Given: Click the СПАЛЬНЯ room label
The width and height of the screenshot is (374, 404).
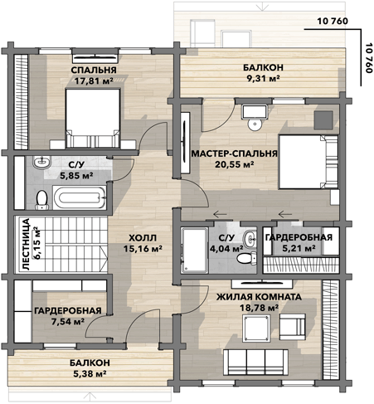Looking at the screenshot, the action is (94, 71).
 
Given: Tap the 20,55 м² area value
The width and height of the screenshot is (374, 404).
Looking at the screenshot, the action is (235, 164).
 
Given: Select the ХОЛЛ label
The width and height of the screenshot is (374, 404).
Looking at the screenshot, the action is (143, 237).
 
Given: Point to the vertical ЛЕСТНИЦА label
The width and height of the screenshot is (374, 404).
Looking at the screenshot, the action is (26, 244).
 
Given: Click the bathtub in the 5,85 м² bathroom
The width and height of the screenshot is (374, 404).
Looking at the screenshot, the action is (80, 197).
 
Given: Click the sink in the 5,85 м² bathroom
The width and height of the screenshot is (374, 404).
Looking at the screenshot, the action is (41, 162).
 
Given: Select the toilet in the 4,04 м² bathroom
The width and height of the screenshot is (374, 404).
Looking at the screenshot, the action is (246, 258).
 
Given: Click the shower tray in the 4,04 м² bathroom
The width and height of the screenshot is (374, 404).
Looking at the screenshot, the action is (194, 251).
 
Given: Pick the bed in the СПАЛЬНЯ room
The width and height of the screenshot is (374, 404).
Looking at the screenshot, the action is (93, 119).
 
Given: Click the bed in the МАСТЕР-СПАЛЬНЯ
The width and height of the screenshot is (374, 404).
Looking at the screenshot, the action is (308, 162).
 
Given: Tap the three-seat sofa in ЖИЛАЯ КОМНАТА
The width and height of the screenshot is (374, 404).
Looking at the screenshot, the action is (255, 362).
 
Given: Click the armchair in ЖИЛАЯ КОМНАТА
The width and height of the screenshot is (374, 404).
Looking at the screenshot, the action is (293, 327).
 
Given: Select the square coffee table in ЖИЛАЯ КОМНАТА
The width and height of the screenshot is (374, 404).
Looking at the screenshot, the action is (255, 329).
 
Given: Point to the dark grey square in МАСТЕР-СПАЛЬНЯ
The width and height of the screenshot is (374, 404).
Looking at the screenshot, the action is (323, 119).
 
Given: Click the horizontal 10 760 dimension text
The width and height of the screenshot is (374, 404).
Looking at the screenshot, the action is (333, 21).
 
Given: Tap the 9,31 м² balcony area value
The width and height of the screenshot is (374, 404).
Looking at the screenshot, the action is (263, 78).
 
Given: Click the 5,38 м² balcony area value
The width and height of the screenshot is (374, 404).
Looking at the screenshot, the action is (90, 374).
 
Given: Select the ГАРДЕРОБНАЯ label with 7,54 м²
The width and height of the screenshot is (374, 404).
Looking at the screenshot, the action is (68, 310).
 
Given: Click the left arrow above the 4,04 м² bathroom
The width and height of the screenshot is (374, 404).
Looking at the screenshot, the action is (220, 214).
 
